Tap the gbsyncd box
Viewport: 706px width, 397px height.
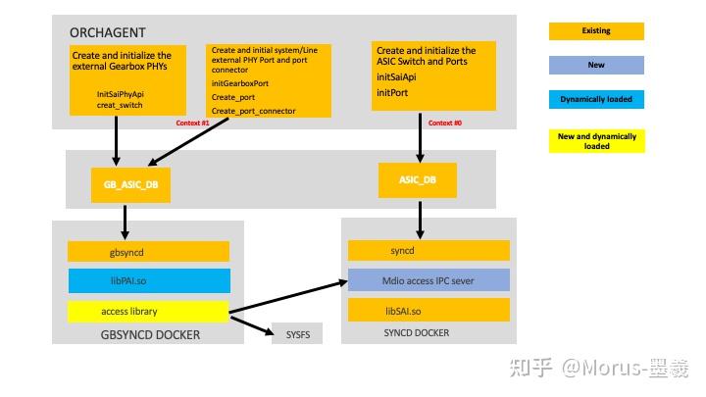[148, 252]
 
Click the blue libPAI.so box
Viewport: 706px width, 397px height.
[148, 281]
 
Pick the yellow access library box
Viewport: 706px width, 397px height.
[148, 312]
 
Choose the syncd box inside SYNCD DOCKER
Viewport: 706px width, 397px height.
[429, 251]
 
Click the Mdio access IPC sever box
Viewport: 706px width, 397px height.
[429, 280]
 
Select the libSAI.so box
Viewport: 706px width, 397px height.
[429, 310]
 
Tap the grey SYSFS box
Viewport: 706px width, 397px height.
[296, 333]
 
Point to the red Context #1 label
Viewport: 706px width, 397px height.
[192, 123]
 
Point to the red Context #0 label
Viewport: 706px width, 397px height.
[445, 123]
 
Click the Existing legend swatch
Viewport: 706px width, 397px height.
[596, 31]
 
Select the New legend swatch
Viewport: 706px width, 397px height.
[596, 66]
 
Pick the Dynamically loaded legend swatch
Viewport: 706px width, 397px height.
[596, 99]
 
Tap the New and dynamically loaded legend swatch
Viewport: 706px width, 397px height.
[596, 141]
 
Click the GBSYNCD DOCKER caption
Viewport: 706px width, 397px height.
[151, 334]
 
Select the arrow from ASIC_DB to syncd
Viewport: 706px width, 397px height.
[420, 218]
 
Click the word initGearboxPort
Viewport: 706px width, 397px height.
[239, 84]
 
